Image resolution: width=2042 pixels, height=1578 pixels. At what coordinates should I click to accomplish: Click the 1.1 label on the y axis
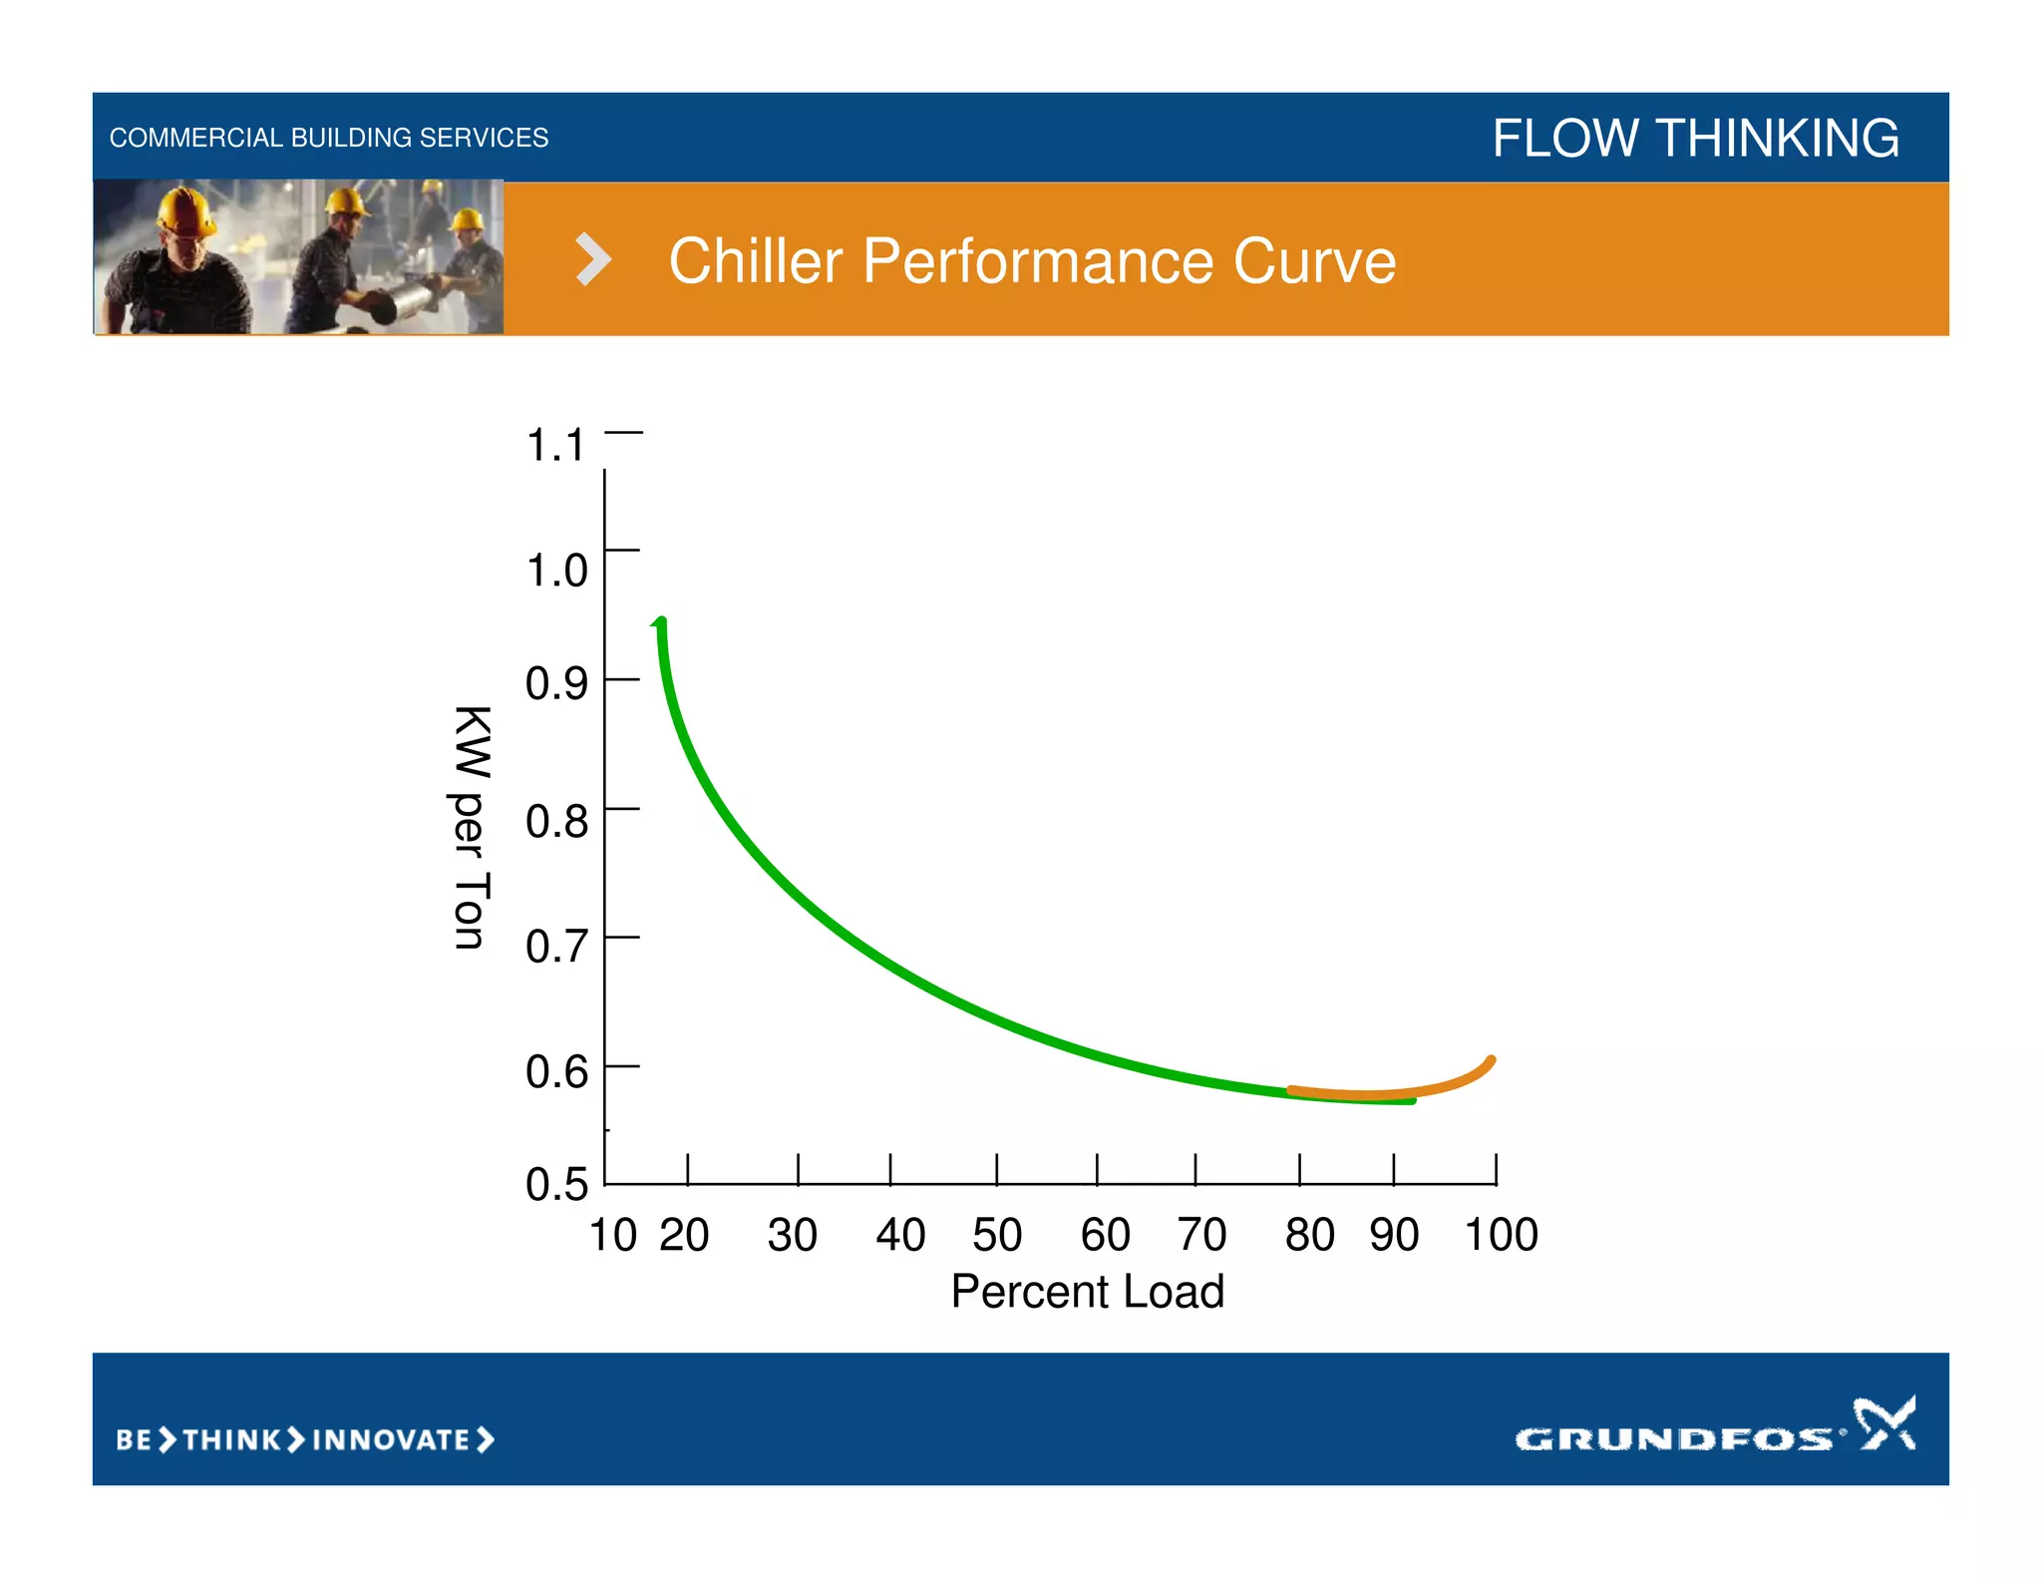click(x=554, y=445)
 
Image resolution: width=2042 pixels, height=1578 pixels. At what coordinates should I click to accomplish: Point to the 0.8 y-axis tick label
click(x=556, y=821)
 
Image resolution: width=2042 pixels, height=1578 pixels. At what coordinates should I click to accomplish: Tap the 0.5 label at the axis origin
click(x=556, y=1184)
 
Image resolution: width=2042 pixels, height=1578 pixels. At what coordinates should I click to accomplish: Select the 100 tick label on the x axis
click(x=1501, y=1235)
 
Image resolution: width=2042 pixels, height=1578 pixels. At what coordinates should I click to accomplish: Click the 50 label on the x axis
click(x=996, y=1235)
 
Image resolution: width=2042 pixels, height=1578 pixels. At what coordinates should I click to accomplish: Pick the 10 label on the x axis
click(x=612, y=1235)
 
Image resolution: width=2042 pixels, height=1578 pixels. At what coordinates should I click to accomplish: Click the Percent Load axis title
click(x=1087, y=1292)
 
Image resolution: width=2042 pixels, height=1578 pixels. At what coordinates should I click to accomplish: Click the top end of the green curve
click(x=660, y=623)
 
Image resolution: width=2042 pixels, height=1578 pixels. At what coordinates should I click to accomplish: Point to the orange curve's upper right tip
click(x=1491, y=1060)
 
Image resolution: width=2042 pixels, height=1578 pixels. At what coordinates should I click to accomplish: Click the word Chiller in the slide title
click(x=755, y=261)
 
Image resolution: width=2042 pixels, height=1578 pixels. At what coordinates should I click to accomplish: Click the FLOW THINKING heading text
click(x=1695, y=138)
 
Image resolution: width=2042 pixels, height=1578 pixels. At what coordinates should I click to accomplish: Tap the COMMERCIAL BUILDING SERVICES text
click(x=328, y=138)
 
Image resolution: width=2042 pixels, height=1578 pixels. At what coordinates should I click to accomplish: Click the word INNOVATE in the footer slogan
click(x=391, y=1439)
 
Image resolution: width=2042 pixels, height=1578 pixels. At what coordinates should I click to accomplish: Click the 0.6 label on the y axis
click(x=556, y=1071)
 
